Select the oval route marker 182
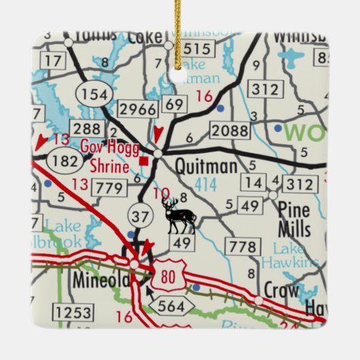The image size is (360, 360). (x=65, y=161)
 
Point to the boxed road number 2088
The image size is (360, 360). (x=229, y=130)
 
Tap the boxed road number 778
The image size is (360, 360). (x=240, y=246)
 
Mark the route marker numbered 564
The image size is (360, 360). (x=170, y=307)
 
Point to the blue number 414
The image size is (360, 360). (x=206, y=182)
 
